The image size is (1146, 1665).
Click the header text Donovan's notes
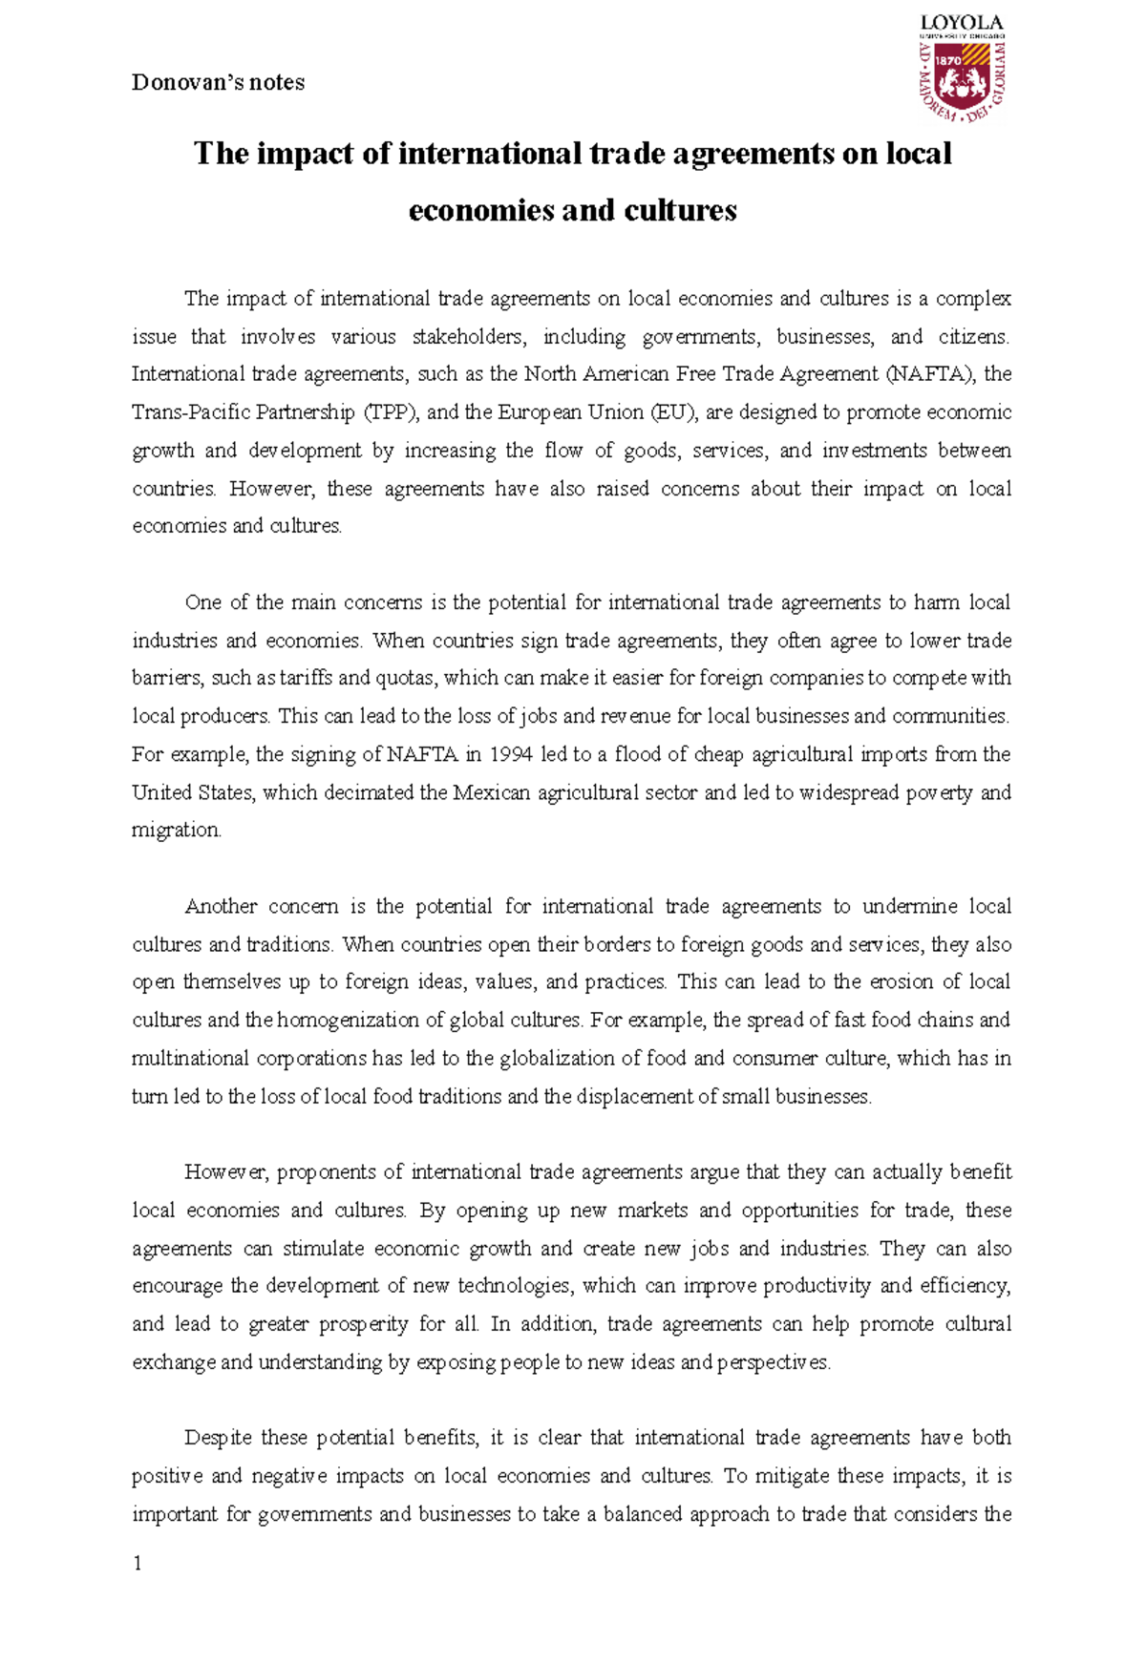(218, 83)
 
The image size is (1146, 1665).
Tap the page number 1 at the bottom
(138, 1563)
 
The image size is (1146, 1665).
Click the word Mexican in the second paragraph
(491, 792)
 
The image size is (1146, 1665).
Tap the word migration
(176, 831)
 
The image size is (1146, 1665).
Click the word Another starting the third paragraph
(220, 906)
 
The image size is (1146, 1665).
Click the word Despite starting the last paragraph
(219, 1438)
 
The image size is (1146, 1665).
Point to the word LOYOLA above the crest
(961, 22)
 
